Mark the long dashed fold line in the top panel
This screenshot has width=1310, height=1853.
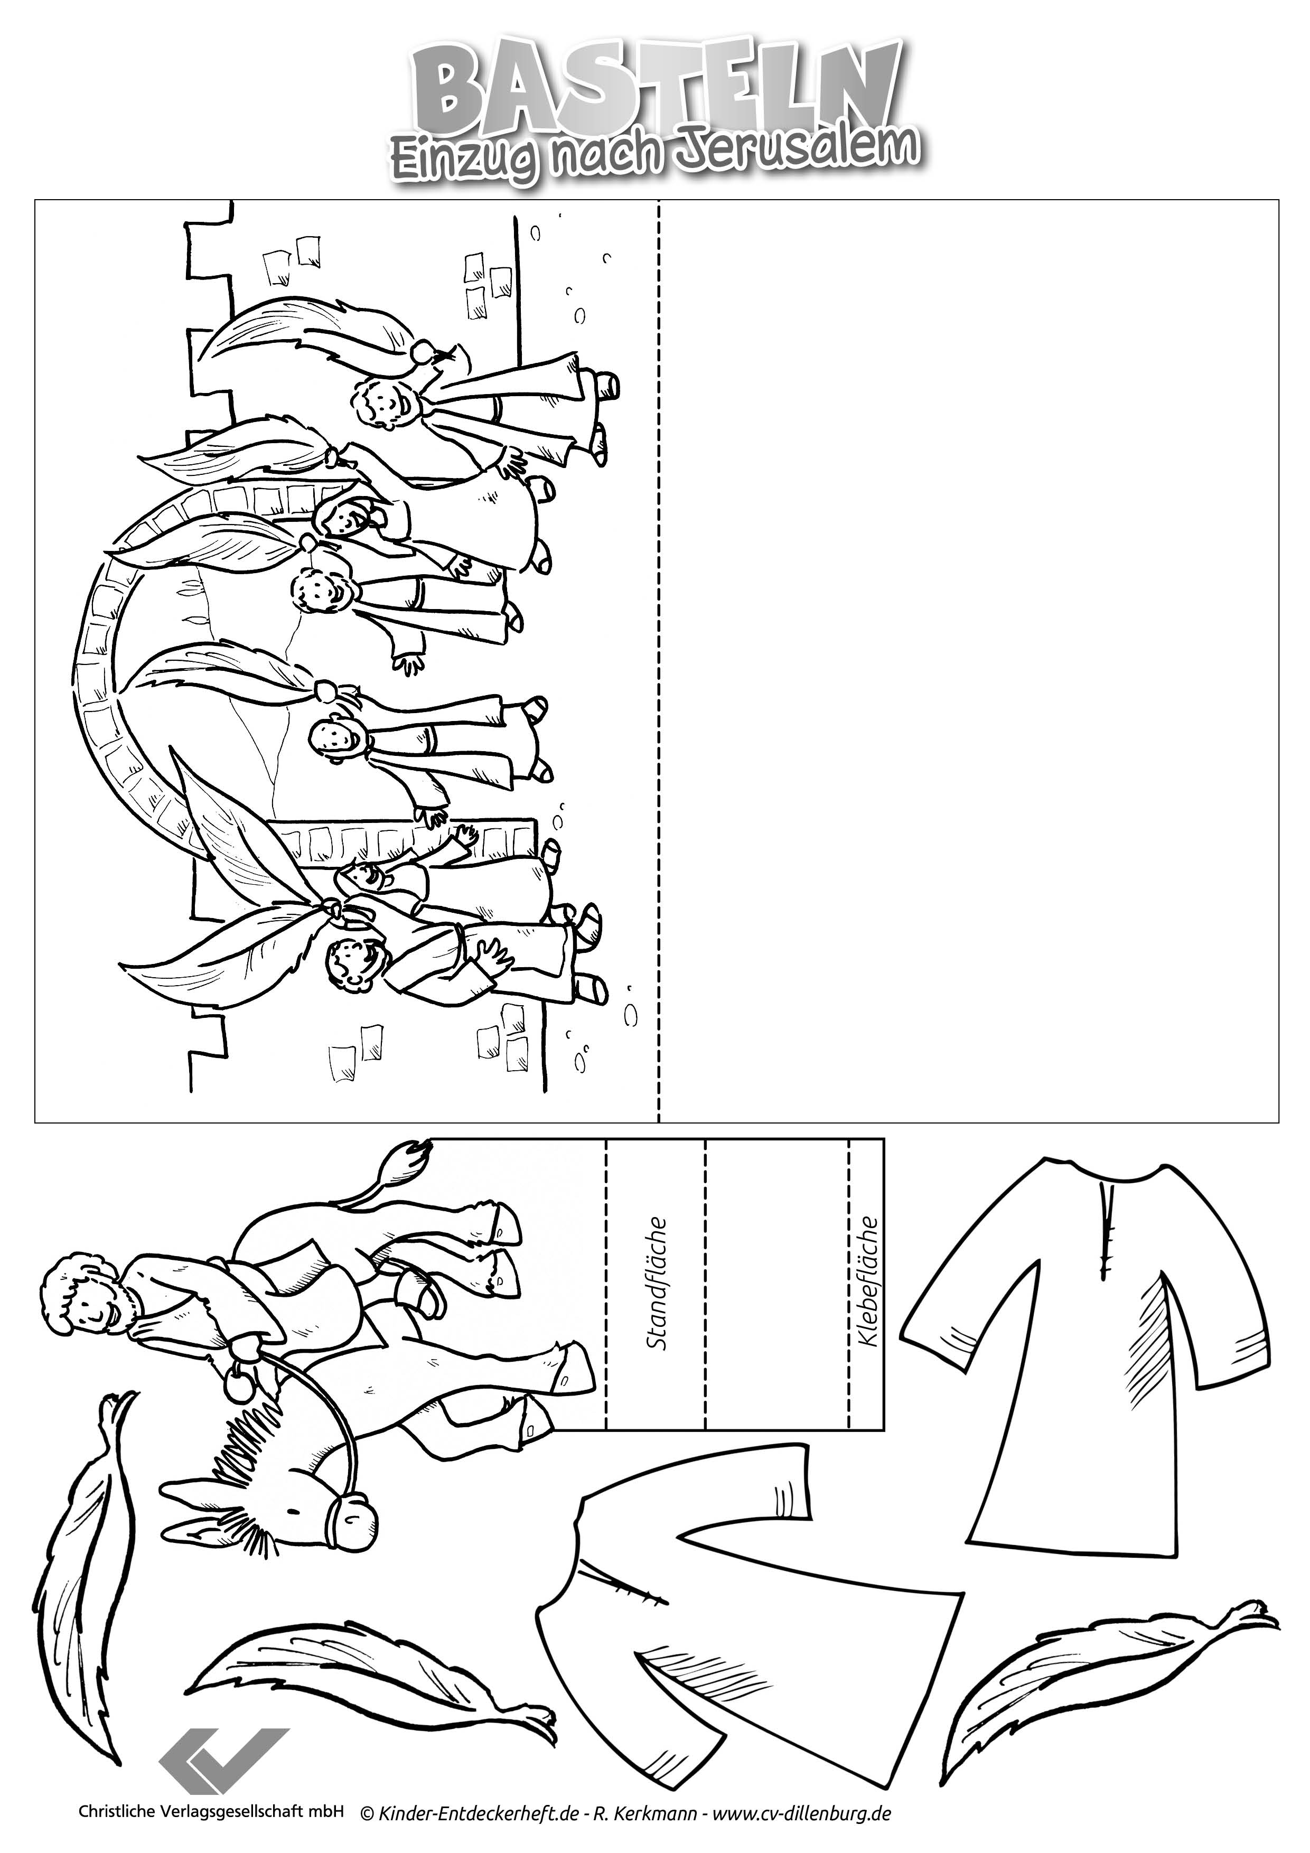point(659,660)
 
